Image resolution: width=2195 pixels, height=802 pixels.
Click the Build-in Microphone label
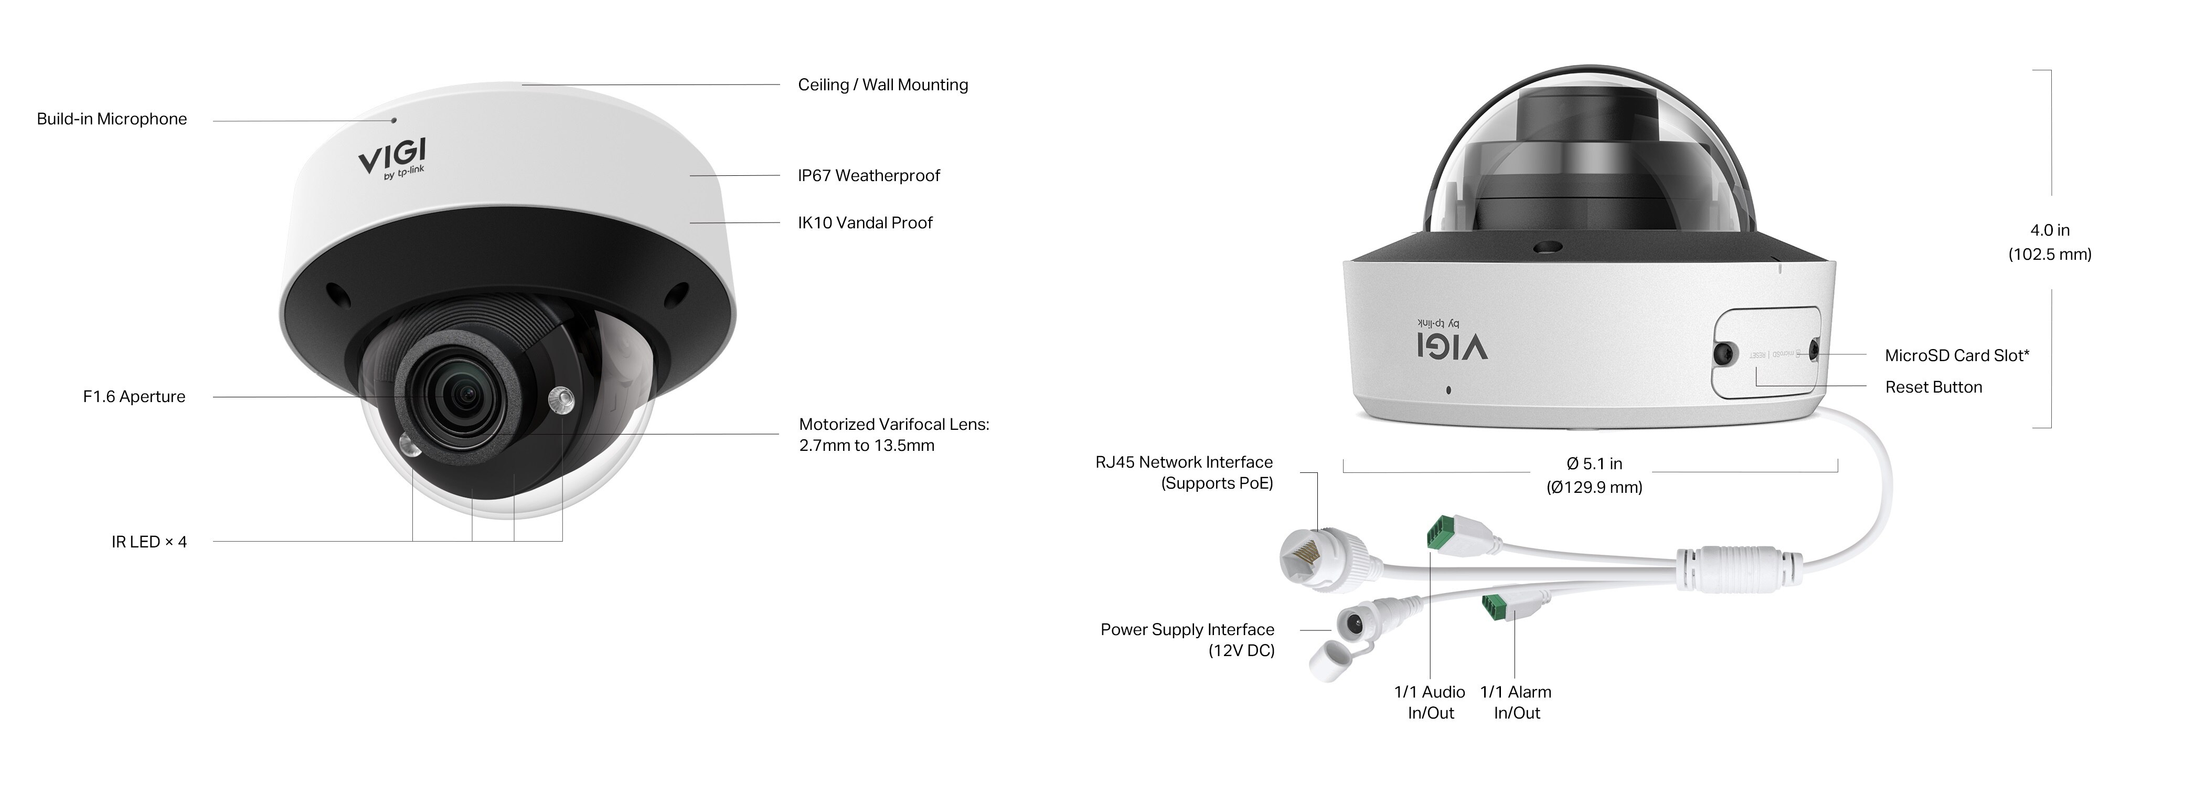pos(112,119)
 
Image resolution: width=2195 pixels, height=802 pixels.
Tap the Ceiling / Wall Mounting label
pos(883,85)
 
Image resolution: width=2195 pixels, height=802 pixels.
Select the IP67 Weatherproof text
pos(868,176)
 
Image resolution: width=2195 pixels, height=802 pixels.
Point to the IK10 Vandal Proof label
pos(865,223)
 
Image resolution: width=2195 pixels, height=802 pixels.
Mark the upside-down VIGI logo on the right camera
pos(1452,343)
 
